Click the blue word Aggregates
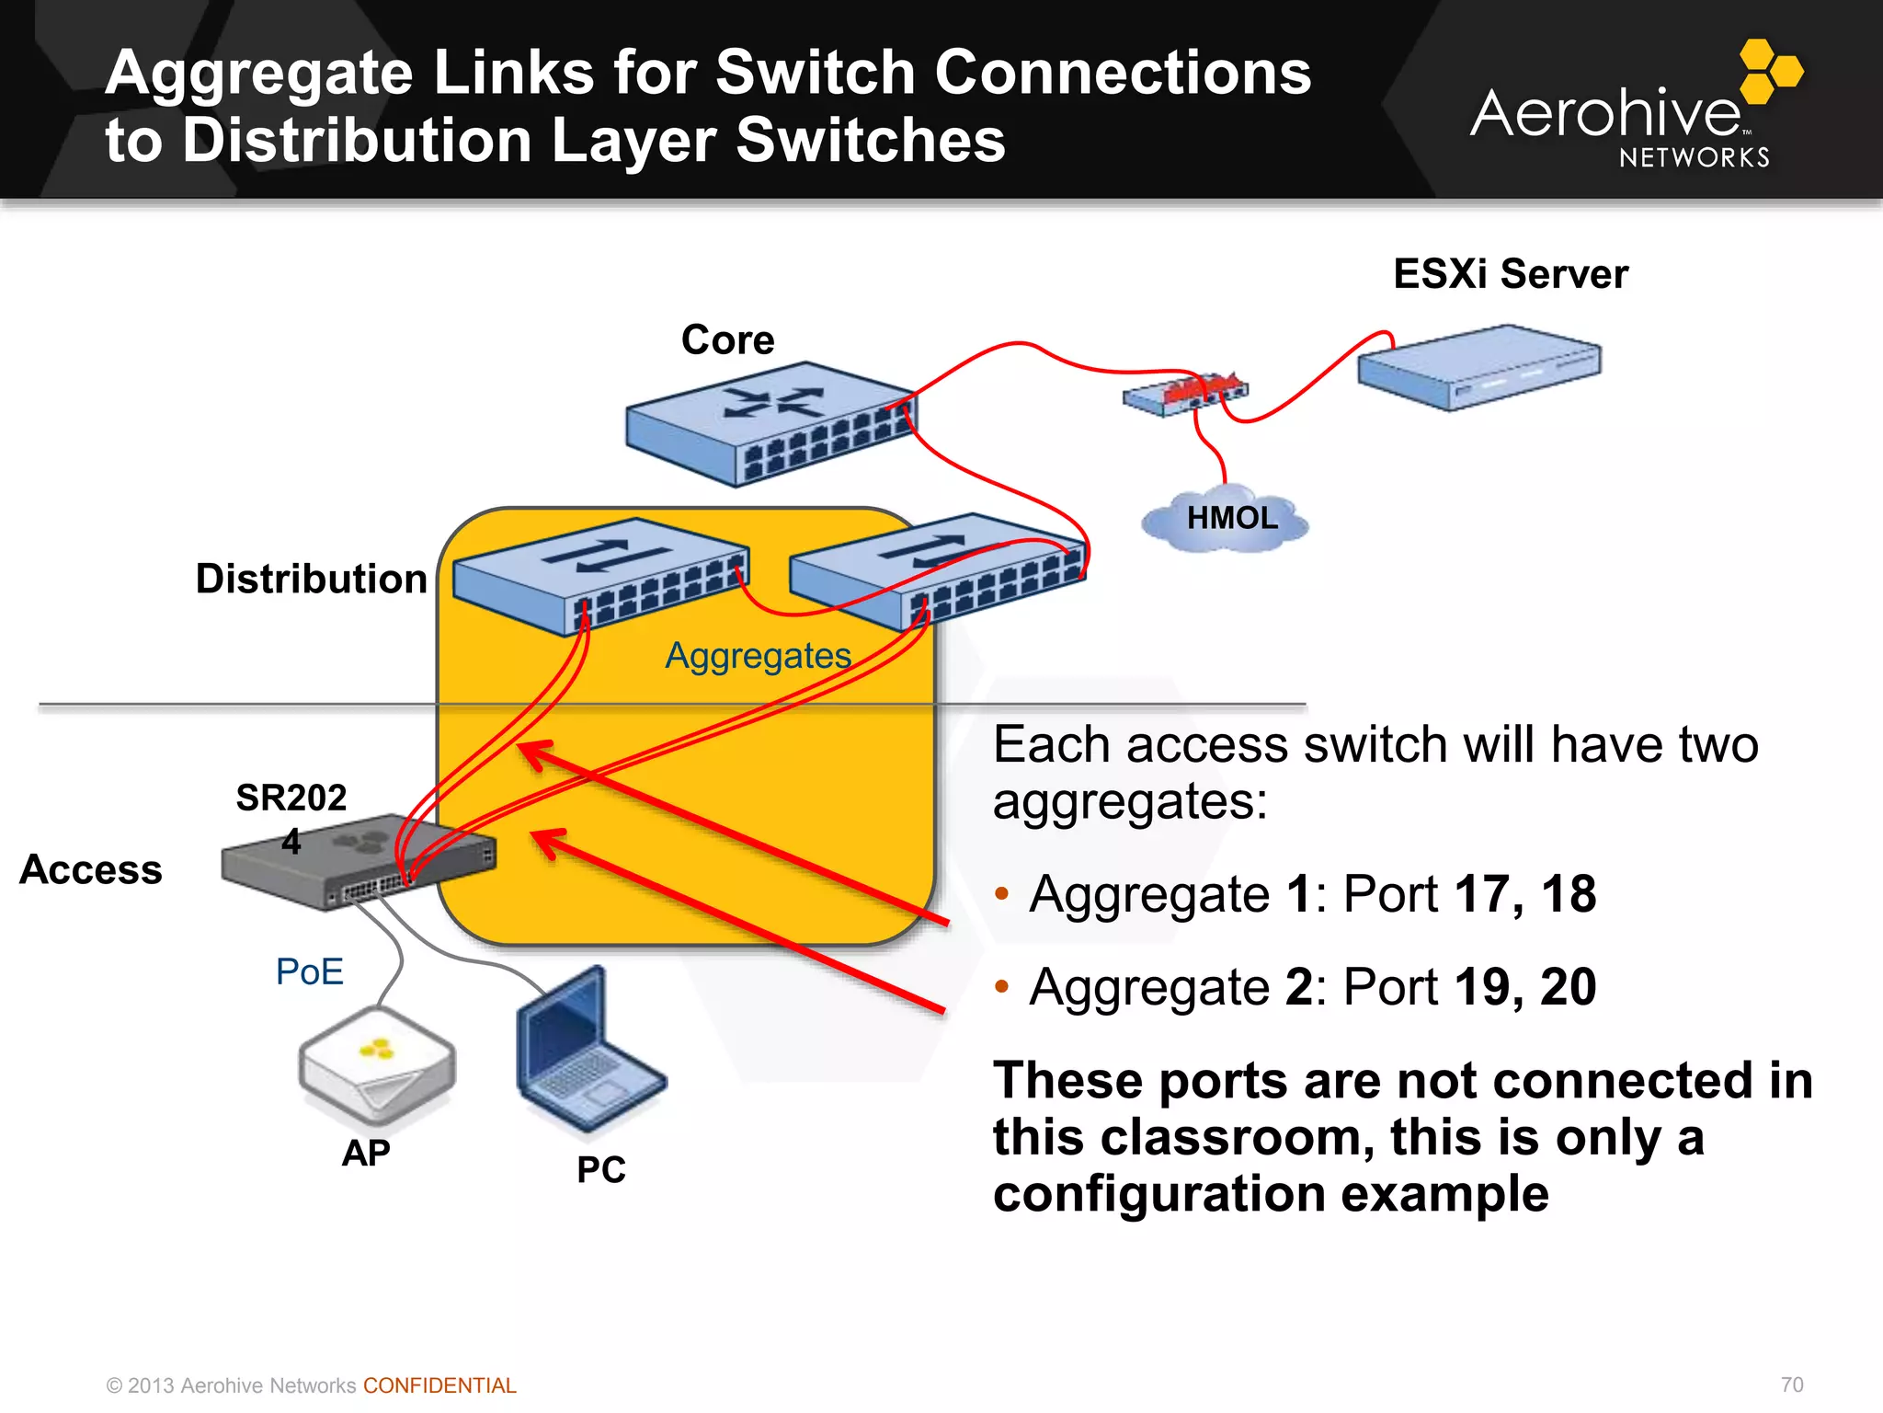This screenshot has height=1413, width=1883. pyautogui.click(x=759, y=656)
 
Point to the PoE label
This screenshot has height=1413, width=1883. pyautogui.click(x=310, y=972)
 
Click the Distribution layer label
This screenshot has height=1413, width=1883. pyautogui.click(x=312, y=580)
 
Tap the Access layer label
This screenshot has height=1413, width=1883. pyautogui.click(x=91, y=870)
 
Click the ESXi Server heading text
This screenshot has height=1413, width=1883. pyautogui.click(x=1511, y=274)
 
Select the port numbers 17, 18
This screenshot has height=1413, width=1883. pyautogui.click(x=1526, y=894)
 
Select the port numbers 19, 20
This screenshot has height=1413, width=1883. pyautogui.click(x=1526, y=987)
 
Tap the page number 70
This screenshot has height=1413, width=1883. pyautogui.click(x=1792, y=1384)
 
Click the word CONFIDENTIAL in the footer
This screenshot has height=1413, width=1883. pyautogui.click(x=439, y=1385)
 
